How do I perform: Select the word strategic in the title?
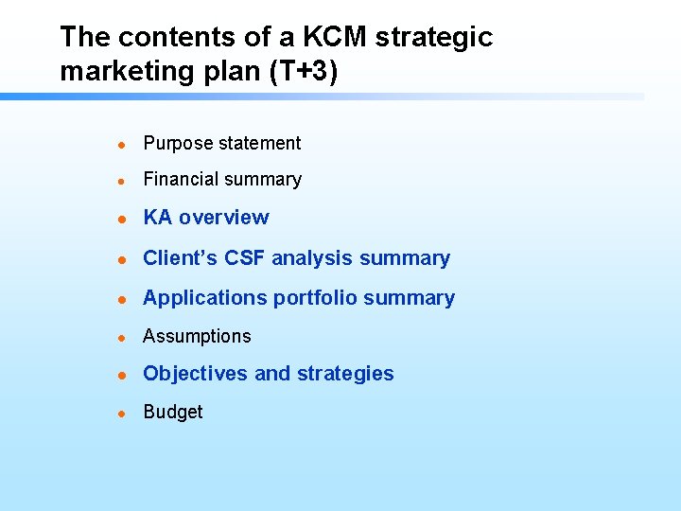(435, 38)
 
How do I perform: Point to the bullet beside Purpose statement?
(121, 144)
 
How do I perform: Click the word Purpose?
(178, 144)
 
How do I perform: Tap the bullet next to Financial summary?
(121, 180)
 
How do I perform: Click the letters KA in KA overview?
(157, 218)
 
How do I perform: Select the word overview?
(224, 218)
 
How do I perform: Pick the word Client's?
(181, 258)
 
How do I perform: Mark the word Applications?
(205, 298)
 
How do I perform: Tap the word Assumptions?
(197, 337)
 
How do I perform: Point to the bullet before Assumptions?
(121, 337)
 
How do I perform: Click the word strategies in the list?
(345, 374)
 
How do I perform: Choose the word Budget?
(173, 413)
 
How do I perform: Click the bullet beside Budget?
(121, 413)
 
